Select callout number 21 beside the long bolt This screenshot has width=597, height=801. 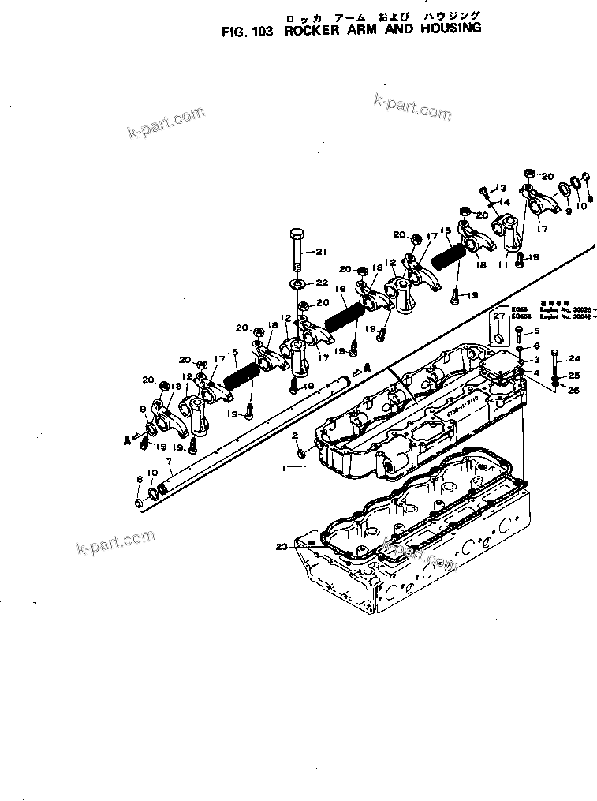coord(320,252)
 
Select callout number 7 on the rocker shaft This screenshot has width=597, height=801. coord(168,460)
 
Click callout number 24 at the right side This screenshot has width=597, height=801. coord(575,358)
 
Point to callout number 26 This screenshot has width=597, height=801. coord(575,391)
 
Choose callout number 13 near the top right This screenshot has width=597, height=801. coord(499,187)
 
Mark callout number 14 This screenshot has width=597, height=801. coord(506,202)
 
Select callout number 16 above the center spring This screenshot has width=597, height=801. coord(341,290)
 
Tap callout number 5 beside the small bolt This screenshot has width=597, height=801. coord(537,331)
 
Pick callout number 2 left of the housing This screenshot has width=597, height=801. coord(295,435)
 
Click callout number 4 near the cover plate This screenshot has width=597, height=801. coord(537,372)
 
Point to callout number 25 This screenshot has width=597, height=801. coord(575,376)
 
